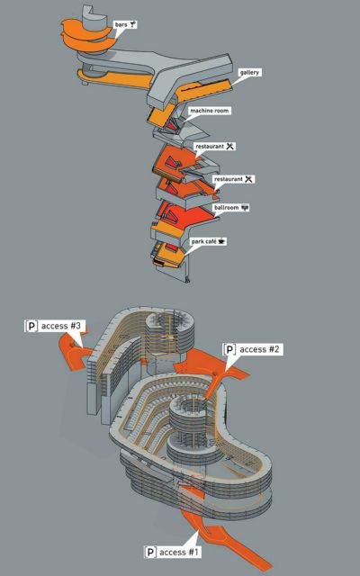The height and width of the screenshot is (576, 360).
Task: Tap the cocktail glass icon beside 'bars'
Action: point(133,25)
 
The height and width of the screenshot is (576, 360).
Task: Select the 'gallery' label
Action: point(249,72)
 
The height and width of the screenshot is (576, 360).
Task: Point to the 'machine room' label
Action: point(210,111)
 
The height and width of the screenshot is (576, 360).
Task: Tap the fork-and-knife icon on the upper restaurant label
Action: point(230,146)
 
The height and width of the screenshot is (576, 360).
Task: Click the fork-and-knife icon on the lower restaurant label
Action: point(249,179)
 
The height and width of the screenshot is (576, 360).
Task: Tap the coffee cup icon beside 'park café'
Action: point(221,242)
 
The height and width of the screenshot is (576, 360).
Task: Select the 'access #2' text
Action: point(259,349)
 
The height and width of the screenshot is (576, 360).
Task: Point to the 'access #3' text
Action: point(63,326)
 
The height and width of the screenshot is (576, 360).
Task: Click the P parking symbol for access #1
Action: point(150,552)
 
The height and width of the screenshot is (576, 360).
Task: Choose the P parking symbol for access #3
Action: point(32,326)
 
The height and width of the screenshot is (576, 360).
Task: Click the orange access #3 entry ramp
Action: point(75,353)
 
